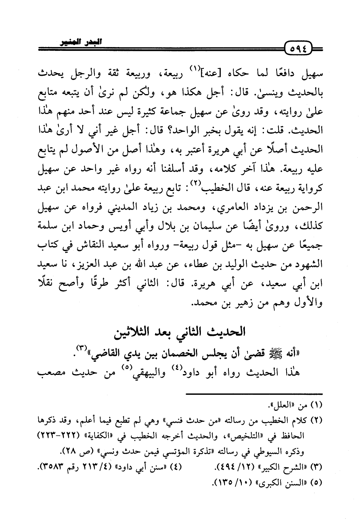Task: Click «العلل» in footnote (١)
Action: tap(283, 404)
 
